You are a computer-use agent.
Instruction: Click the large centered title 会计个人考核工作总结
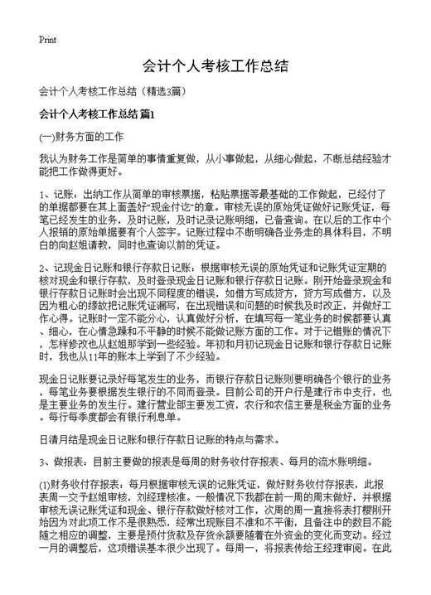click(215, 65)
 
